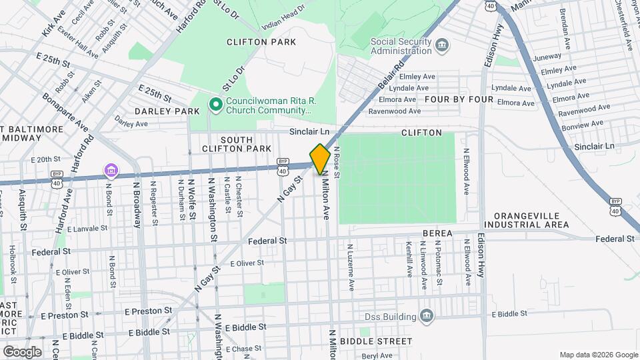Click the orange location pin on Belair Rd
click(x=320, y=159)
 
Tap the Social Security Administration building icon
click(x=442, y=45)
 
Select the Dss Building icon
click(x=427, y=316)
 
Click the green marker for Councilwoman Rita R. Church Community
click(x=215, y=105)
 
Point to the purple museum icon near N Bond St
click(x=111, y=171)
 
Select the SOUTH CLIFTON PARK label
click(x=227, y=143)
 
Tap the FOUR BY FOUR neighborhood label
click(x=459, y=99)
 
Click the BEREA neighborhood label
click(x=437, y=233)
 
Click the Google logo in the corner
click(x=22, y=351)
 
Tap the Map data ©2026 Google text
click(x=598, y=354)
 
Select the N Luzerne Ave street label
click(x=349, y=267)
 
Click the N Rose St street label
click(x=337, y=163)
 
